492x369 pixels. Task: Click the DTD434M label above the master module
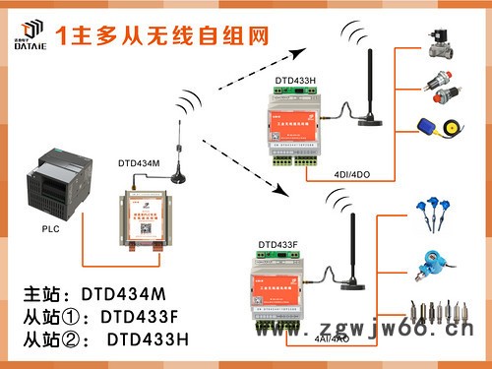click(140, 163)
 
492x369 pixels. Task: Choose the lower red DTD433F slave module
click(284, 286)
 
